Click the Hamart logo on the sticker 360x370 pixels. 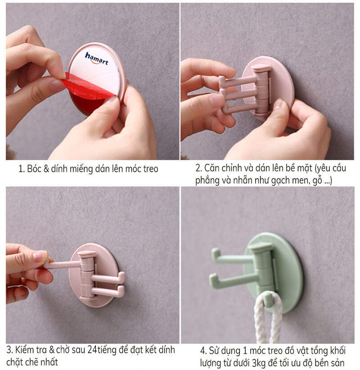[x=96, y=58]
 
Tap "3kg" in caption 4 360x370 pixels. [x=259, y=363]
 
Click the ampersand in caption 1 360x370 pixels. [x=46, y=169]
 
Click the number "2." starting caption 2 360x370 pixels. [x=198, y=168]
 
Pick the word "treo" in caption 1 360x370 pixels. [x=150, y=169]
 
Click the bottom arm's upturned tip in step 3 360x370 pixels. [x=121, y=290]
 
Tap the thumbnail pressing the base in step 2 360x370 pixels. [x=279, y=104]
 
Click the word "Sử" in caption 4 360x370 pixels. [x=214, y=351]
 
